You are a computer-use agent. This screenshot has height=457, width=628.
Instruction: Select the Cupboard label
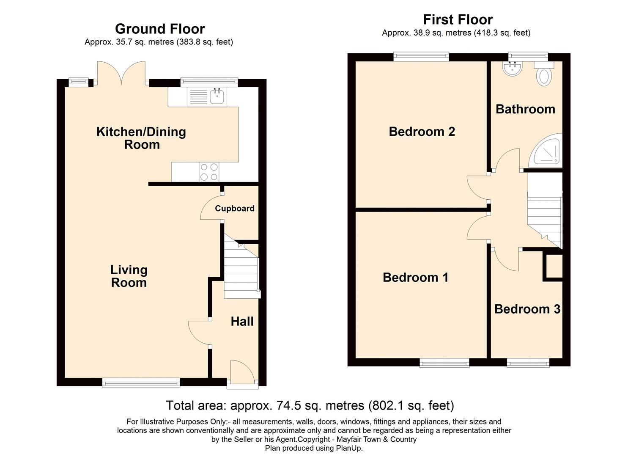pyautogui.click(x=235, y=208)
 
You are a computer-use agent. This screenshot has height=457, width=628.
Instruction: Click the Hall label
pyautogui.click(x=242, y=321)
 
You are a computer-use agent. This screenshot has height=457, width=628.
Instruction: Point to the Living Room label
pyautogui.click(x=129, y=276)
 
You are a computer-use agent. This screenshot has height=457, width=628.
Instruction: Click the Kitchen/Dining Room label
pyautogui.click(x=141, y=138)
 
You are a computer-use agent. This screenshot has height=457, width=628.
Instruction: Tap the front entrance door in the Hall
pyautogui.click(x=242, y=372)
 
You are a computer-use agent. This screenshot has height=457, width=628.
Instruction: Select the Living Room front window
pyautogui.click(x=141, y=383)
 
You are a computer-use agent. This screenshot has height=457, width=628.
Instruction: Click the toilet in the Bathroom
pyautogui.click(x=544, y=76)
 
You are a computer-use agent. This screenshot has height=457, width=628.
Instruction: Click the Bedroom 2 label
pyautogui.click(x=422, y=132)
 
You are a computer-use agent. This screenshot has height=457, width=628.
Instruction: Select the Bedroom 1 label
pyautogui.click(x=415, y=277)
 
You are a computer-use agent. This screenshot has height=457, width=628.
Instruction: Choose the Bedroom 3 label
pyautogui.click(x=527, y=309)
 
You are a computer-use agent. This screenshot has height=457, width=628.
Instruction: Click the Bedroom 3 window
pyautogui.click(x=528, y=362)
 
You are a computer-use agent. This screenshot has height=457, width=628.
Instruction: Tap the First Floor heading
pyautogui.click(x=458, y=19)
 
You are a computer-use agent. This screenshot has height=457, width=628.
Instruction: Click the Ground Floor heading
pyautogui.click(x=160, y=29)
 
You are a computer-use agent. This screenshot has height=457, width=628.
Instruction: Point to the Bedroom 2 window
pyautogui.click(x=421, y=57)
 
